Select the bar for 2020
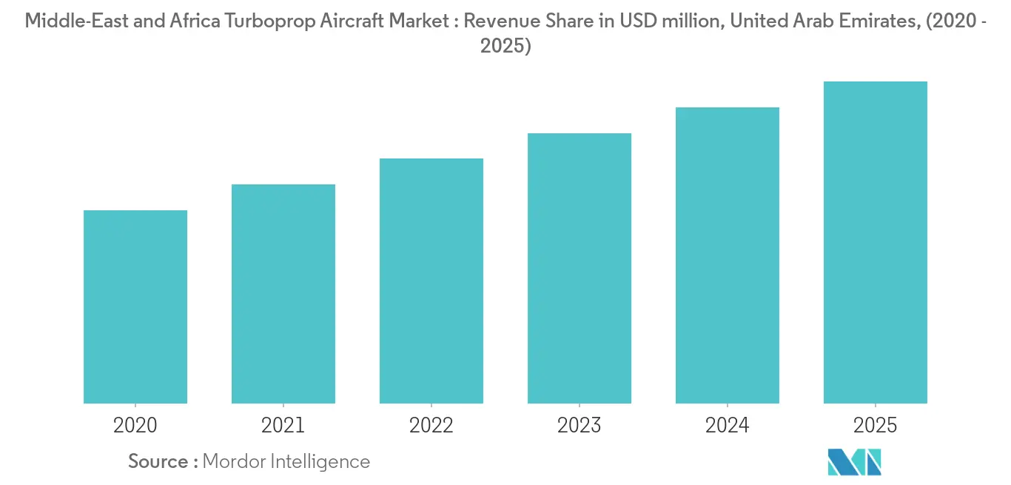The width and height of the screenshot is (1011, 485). point(135,307)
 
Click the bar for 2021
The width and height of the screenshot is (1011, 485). point(283,294)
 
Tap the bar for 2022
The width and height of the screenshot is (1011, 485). point(431,281)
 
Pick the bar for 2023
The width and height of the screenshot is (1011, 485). point(580,268)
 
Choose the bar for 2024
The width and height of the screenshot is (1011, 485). point(728,255)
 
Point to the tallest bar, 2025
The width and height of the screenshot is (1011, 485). point(876,242)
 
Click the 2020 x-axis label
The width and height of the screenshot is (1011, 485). point(135,425)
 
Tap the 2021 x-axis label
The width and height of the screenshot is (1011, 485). point(283,425)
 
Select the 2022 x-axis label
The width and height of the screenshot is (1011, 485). point(431,425)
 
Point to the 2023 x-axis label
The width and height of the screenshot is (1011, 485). point(580,425)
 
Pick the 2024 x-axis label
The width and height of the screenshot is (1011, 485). point(728,425)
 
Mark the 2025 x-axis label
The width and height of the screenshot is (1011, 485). point(876,425)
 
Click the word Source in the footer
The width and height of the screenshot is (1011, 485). point(158,461)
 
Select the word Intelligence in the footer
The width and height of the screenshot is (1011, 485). point(323,461)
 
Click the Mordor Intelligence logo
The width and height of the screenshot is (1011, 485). point(855,462)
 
